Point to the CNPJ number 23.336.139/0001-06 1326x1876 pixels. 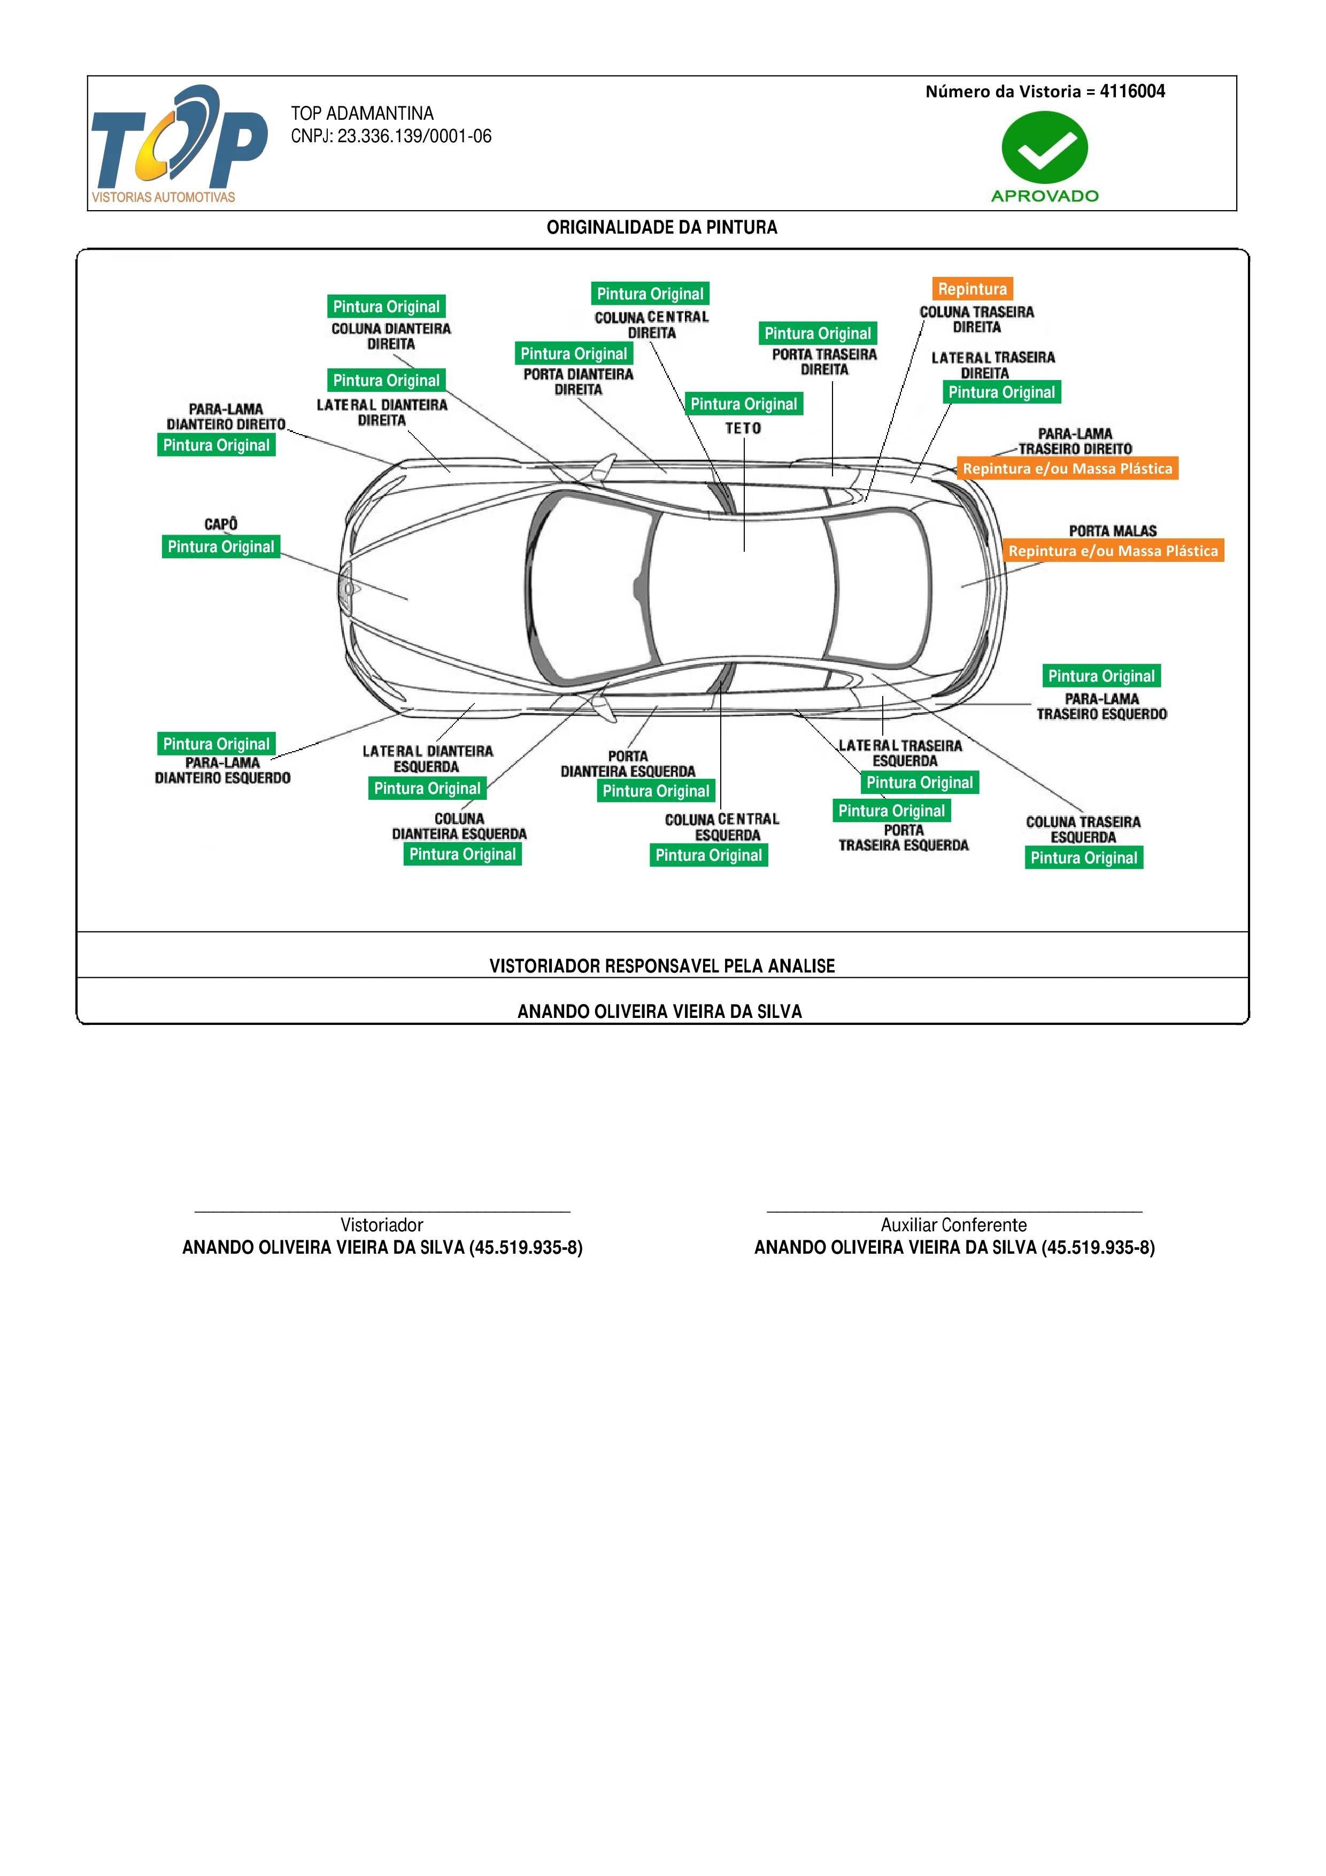pos(414,136)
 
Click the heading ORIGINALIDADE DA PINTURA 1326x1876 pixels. pos(662,227)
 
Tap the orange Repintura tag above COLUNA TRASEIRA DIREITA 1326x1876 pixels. pos(972,288)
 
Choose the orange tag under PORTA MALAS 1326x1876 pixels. pos(1113,551)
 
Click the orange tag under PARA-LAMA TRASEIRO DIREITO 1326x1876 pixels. pos(1067,468)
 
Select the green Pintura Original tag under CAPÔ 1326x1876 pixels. pos(221,546)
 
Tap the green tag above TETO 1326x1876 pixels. pos(744,404)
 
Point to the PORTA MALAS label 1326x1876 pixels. pos(1113,531)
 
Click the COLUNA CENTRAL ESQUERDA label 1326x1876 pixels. pos(722,827)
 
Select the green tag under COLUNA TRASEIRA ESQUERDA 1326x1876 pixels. pos(1083,857)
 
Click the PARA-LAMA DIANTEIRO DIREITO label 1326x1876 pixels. pos(226,416)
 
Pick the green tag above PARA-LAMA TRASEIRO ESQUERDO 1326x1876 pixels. pos(1101,676)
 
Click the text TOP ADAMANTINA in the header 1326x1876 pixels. pos(362,113)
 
